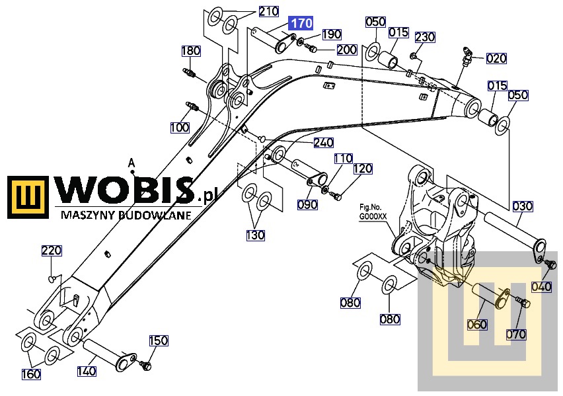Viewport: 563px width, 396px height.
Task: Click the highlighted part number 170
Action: (x=301, y=23)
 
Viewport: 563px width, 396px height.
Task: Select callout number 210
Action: (x=269, y=11)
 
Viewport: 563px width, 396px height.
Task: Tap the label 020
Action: (x=496, y=58)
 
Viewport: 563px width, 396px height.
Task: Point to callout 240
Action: (x=324, y=143)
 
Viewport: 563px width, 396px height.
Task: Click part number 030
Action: (x=523, y=206)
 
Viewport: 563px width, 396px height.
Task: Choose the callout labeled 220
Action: (x=52, y=251)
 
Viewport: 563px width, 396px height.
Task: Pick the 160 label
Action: (x=31, y=374)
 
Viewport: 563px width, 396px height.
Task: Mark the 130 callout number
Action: (x=255, y=235)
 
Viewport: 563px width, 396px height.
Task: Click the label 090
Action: (x=307, y=204)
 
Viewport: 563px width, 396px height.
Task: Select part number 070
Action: (x=516, y=335)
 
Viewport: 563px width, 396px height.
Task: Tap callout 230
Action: (x=425, y=37)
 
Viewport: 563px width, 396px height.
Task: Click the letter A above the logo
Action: (x=131, y=163)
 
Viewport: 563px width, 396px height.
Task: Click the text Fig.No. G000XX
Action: (x=373, y=212)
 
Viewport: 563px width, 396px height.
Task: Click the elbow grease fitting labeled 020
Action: (x=466, y=56)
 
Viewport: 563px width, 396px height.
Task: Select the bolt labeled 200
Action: (x=310, y=47)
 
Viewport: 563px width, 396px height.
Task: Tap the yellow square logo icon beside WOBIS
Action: (x=28, y=197)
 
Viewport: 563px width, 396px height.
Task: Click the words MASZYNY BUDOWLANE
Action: (x=126, y=215)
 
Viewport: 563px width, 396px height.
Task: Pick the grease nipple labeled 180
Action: (x=189, y=72)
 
